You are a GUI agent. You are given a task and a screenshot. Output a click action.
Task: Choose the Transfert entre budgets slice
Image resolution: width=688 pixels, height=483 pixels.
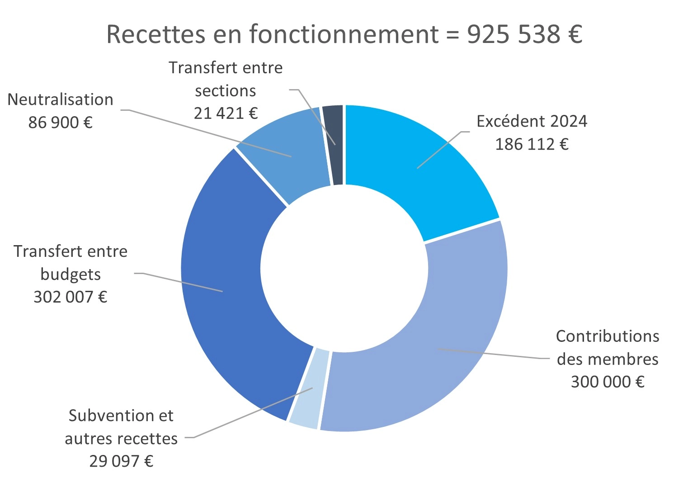[x=226, y=289]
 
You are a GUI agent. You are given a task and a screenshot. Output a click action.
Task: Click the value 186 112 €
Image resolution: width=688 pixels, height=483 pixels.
[x=532, y=144]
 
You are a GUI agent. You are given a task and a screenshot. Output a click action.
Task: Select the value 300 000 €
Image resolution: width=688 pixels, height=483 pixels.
[x=608, y=382]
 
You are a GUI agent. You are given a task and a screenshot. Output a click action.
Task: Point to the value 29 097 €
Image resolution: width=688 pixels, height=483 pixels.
[x=121, y=461]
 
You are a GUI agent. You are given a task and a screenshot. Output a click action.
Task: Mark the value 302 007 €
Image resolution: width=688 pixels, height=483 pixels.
[x=71, y=297]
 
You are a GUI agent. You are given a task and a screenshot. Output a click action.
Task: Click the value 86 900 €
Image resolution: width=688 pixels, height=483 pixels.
[x=60, y=122]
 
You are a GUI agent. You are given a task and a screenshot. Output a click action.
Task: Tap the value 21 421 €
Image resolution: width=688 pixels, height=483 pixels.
[x=226, y=113]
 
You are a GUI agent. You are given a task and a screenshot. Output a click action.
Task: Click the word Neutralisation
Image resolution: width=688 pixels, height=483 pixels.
[x=60, y=99]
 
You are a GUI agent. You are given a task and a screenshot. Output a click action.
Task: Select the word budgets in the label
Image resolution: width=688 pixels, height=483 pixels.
[x=71, y=275]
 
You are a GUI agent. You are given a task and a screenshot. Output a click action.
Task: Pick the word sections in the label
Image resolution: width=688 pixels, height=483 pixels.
[x=226, y=90]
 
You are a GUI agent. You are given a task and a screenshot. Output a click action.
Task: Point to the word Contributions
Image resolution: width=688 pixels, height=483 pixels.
[x=608, y=336]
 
